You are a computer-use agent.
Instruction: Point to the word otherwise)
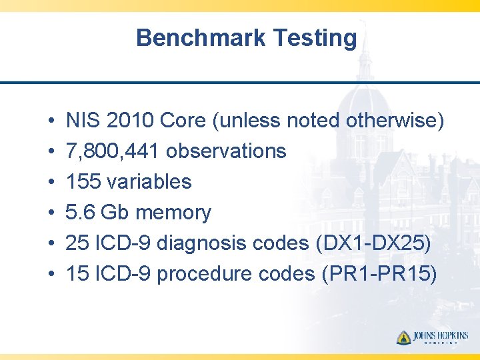pyautogui.click(x=395, y=121)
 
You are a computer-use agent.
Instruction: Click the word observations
pyautogui.click(x=226, y=151)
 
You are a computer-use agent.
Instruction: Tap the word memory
pyautogui.click(x=173, y=213)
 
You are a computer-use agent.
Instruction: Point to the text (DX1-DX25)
pyautogui.click(x=371, y=243)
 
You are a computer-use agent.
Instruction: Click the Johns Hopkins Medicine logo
pyautogui.click(x=433, y=337)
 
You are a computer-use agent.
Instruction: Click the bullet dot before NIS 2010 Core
pyautogui.click(x=51, y=121)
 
